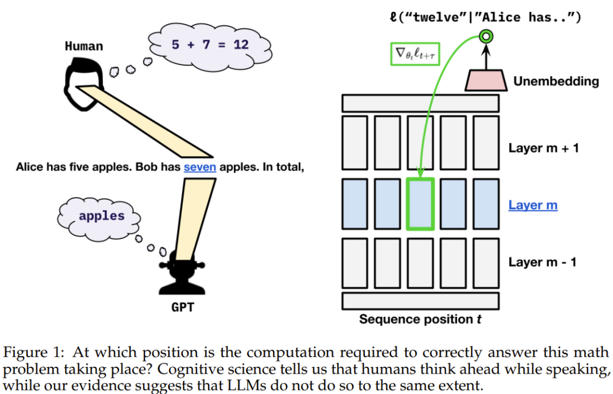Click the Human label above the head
coord(84,46)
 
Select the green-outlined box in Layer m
coord(421,204)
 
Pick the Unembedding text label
coord(556,81)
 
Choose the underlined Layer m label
coord(532,205)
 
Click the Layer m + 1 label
coord(543,148)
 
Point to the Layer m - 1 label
coord(542,262)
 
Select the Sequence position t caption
coord(420,320)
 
